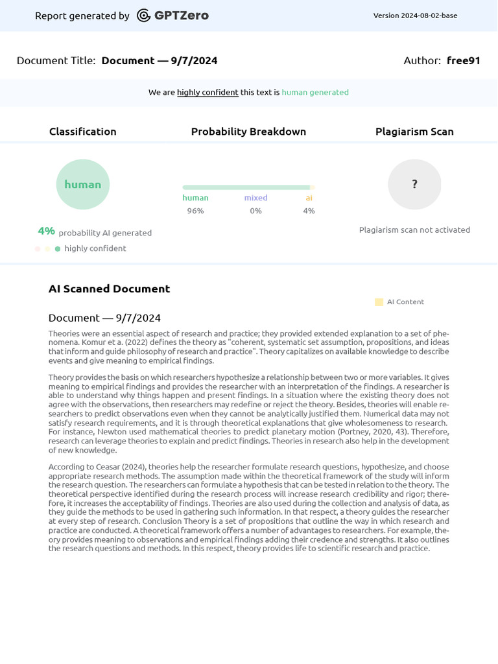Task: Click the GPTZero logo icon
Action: point(144,16)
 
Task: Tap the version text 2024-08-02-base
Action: point(415,16)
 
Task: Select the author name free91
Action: point(463,61)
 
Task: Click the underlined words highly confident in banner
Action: point(207,93)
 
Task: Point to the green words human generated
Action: point(315,93)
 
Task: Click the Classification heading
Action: point(83,132)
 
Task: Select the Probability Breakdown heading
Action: point(248,132)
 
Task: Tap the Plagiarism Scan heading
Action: point(414,132)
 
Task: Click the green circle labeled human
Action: point(83,184)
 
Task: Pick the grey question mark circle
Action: point(414,184)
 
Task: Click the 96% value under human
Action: point(195,211)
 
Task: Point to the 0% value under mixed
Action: point(255,211)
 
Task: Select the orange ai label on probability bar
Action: point(309,198)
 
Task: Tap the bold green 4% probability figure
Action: point(46,231)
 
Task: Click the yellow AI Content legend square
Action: point(379,302)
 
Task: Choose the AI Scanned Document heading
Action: point(109,289)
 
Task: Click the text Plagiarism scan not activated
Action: point(414,230)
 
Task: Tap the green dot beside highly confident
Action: point(58,249)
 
